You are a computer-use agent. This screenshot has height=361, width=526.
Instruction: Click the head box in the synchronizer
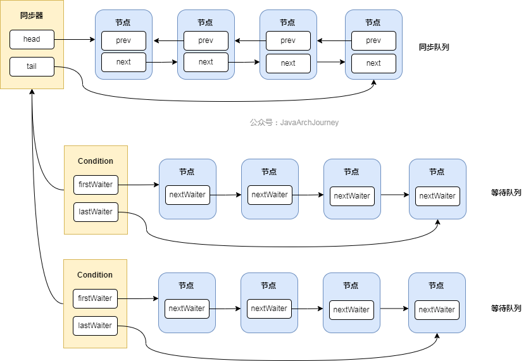pos(32,39)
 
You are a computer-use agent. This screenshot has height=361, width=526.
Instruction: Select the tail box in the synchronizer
pos(32,66)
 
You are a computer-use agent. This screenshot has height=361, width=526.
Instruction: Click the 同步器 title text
pos(31,14)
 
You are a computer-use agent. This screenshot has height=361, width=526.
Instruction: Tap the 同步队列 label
pos(434,47)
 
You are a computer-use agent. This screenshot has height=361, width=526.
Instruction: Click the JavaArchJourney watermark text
pos(294,123)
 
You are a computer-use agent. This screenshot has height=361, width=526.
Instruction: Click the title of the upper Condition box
pos(96,161)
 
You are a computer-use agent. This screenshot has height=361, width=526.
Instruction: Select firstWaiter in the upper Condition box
pos(96,185)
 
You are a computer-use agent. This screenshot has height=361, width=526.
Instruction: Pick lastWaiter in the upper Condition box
pos(96,212)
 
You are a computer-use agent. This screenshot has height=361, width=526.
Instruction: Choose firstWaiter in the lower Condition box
pos(96,298)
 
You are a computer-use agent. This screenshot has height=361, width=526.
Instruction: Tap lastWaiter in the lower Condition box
pos(96,326)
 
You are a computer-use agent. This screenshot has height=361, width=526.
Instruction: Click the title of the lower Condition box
pos(95,275)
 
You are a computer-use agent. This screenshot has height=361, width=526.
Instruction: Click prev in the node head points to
pos(123,41)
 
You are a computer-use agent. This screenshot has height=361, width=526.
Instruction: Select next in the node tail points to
pos(373,63)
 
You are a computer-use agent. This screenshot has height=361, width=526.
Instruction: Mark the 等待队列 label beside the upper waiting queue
pos(506,193)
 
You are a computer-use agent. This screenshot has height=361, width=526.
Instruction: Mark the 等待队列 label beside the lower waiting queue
pos(506,309)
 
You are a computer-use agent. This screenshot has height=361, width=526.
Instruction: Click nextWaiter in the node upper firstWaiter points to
pos(187,195)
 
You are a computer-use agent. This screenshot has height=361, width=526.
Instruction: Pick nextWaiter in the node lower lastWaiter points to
pos(437,310)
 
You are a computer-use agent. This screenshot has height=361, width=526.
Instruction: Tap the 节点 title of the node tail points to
pos(373,22)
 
